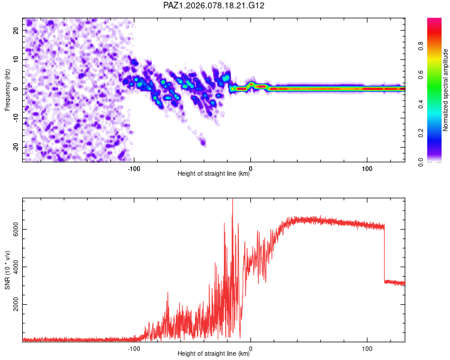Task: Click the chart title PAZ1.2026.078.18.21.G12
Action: point(214,5)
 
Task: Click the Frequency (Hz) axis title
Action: point(7,89)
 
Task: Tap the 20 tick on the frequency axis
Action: point(16,30)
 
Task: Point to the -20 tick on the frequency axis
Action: point(16,147)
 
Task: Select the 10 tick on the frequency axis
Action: point(16,59)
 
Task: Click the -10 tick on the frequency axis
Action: point(16,118)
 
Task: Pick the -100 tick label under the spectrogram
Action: point(134,168)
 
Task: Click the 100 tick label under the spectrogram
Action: point(367,168)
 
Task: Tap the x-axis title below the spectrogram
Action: point(214,175)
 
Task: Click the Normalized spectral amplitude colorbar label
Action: point(446,90)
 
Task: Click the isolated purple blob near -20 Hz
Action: point(203,142)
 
